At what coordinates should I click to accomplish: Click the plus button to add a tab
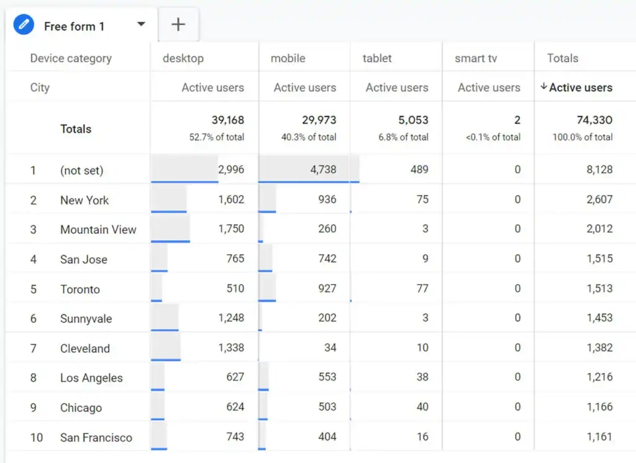click(178, 25)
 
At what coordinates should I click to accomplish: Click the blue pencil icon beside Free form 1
click(24, 25)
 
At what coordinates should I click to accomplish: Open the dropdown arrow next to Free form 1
click(141, 24)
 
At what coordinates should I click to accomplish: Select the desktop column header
click(183, 58)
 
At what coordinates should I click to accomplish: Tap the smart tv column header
click(476, 58)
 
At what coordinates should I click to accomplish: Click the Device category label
click(71, 58)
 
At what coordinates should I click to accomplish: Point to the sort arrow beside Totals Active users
click(543, 87)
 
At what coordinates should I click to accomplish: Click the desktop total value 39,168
click(227, 120)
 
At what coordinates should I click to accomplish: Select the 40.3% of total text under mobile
click(309, 137)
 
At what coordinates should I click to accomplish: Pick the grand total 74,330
click(594, 120)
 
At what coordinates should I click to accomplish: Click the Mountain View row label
click(98, 229)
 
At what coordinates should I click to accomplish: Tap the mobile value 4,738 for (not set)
click(323, 170)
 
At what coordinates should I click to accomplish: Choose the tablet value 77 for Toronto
click(422, 288)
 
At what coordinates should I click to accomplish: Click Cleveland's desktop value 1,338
click(231, 348)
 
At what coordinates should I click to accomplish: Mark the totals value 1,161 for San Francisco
click(599, 436)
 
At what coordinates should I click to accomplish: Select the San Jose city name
click(84, 259)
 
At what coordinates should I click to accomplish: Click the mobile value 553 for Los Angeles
click(327, 377)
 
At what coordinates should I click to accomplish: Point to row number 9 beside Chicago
click(34, 408)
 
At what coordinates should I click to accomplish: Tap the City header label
click(40, 88)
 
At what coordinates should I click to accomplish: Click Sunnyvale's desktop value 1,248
click(231, 318)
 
